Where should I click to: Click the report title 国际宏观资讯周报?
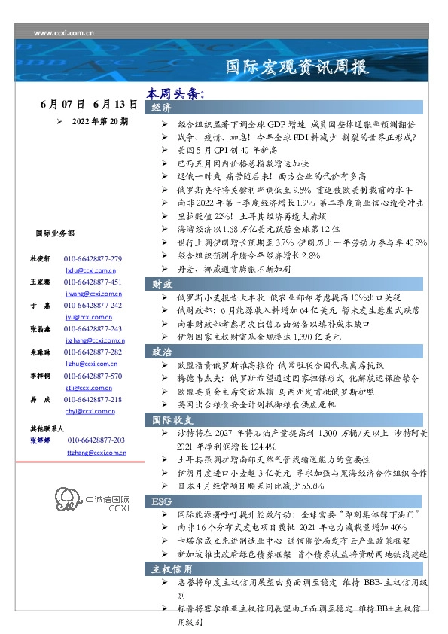pos(297,68)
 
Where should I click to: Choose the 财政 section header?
pos(162,284)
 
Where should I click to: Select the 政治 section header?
pos(162,351)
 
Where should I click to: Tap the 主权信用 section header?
pos(172,568)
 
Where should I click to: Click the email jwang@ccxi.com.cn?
pos(90,293)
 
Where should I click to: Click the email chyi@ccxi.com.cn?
pos(90,411)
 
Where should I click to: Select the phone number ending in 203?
pos(96,440)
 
